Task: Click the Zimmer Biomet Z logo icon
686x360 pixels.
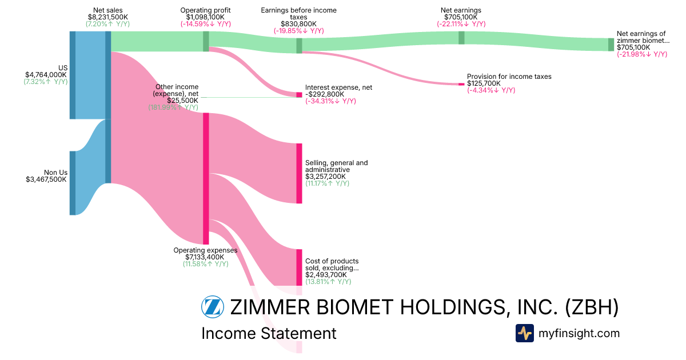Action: (213, 307)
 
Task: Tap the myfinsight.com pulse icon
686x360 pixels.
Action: (524, 333)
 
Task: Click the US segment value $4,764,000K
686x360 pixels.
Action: (46, 75)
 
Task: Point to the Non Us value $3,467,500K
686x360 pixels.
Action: (46, 179)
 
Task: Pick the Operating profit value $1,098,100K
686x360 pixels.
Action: (205, 17)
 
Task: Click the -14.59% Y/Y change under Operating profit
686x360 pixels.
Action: (205, 24)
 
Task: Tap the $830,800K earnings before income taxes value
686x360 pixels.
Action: (298, 24)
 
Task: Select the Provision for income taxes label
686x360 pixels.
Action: (509, 77)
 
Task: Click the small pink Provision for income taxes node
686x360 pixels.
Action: (461, 84)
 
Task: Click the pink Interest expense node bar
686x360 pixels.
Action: (299, 94)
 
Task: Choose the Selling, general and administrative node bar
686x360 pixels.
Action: (299, 173)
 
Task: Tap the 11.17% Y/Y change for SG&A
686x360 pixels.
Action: (327, 183)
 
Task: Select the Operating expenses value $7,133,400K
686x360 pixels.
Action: (205, 257)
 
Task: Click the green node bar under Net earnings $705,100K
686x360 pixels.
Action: (461, 38)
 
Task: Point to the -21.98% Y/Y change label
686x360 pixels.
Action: (641, 54)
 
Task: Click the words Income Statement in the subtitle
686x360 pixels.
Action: (269, 333)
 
